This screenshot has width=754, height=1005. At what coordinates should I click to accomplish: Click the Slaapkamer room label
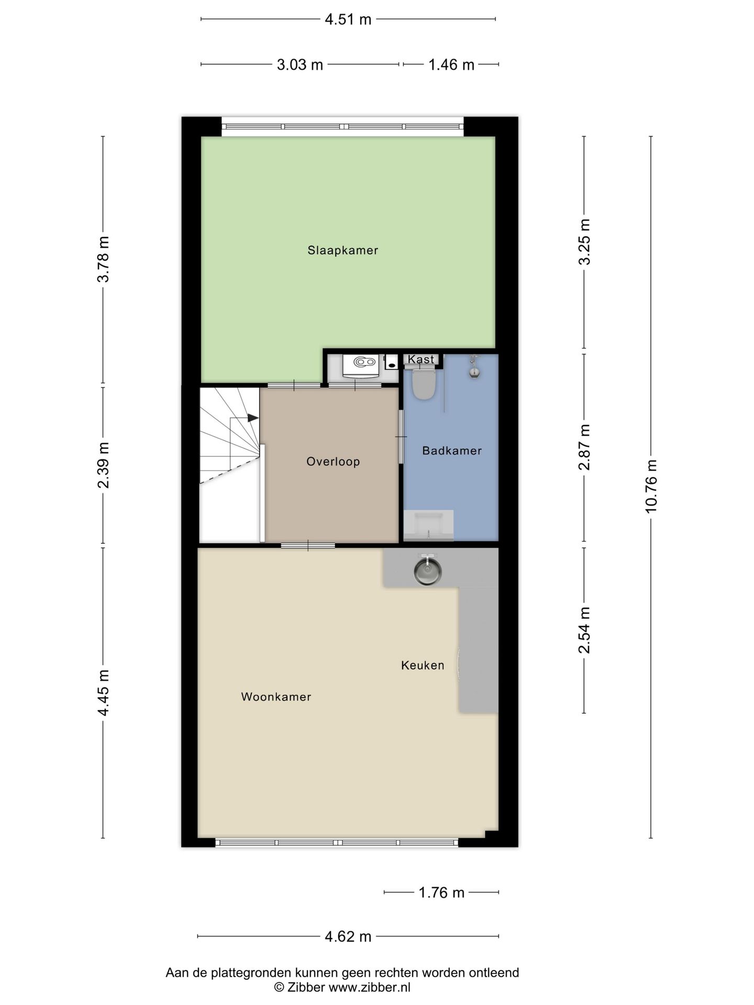342,250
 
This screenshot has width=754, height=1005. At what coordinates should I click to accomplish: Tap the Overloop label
333,462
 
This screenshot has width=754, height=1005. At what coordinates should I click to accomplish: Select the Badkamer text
452,451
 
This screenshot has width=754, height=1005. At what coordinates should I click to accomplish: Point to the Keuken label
423,665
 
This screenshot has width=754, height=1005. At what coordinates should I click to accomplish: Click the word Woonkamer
276,697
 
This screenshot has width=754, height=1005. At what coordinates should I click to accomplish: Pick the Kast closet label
421,359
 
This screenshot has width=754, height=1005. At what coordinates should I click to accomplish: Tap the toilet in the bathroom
424,383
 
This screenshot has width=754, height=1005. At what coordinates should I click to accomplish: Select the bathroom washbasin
428,525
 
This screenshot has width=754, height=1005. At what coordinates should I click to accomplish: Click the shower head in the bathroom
474,366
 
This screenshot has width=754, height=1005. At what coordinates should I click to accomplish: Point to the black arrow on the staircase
253,418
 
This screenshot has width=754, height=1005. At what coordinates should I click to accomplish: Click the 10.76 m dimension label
651,486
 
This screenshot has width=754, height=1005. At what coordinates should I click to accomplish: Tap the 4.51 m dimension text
348,19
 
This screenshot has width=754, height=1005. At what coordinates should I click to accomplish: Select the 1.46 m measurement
451,64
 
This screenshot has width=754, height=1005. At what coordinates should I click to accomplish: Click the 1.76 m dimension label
441,892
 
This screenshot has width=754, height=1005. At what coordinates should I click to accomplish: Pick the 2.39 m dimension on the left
103,465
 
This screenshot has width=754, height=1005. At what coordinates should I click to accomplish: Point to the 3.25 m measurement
584,242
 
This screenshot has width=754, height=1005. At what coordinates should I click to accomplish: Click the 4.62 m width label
348,936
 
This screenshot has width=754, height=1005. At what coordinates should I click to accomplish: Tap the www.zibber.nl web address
369,988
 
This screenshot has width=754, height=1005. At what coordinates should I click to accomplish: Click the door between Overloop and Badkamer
402,437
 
